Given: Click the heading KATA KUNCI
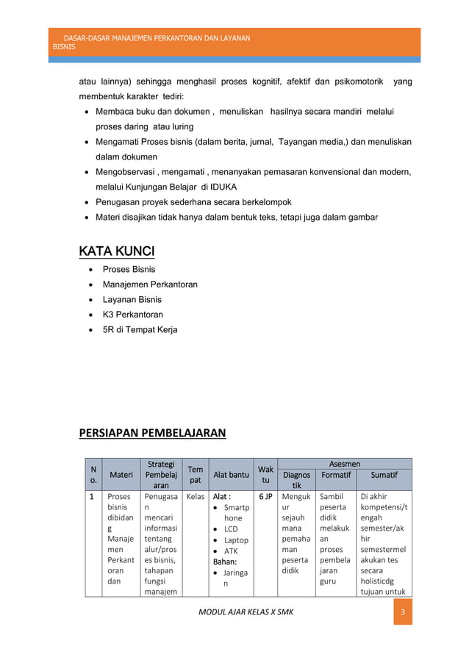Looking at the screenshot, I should pyautogui.click(x=117, y=252).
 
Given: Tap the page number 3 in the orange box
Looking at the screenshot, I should pyautogui.click(x=402, y=612).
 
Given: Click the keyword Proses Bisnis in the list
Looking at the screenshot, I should pyautogui.click(x=129, y=269).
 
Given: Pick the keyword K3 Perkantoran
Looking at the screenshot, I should pyautogui.click(x=132, y=315).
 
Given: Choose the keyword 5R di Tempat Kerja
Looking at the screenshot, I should pyautogui.click(x=140, y=329).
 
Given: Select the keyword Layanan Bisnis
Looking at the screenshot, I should pyautogui.click(x=132, y=299).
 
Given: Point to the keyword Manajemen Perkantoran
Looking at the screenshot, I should pyautogui.click(x=150, y=284).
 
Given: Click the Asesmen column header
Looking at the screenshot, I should pyautogui.click(x=344, y=464).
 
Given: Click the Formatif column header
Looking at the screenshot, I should pyautogui.click(x=335, y=475).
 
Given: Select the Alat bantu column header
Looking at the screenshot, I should pyautogui.click(x=231, y=475).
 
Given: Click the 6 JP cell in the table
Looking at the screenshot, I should pyautogui.click(x=265, y=497).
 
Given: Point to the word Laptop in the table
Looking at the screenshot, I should pyautogui.click(x=236, y=540).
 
